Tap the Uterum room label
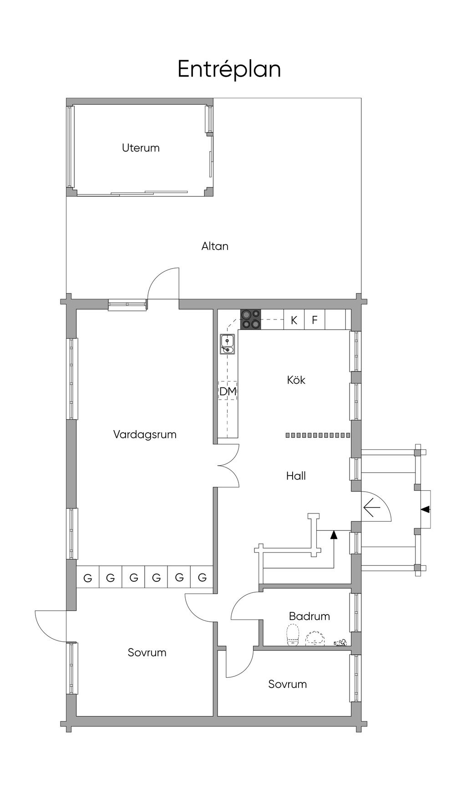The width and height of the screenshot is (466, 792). pos(141,148)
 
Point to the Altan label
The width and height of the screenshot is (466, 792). pos(215,246)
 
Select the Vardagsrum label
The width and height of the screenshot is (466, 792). pos(145,435)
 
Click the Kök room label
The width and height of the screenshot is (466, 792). pos(296,380)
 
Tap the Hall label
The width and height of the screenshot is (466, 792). pos(296,476)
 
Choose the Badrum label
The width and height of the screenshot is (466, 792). pos(309,616)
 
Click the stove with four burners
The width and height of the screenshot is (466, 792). pos(251,319)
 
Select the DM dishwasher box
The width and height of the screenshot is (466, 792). pos(228,391)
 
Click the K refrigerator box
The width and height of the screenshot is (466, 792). pos(294,320)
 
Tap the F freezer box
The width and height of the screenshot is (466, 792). pos(314,320)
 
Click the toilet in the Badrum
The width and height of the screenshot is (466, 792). pos(293,635)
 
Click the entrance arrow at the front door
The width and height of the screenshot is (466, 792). pos(372,508)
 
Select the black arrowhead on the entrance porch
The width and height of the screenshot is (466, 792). pos(425,509)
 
